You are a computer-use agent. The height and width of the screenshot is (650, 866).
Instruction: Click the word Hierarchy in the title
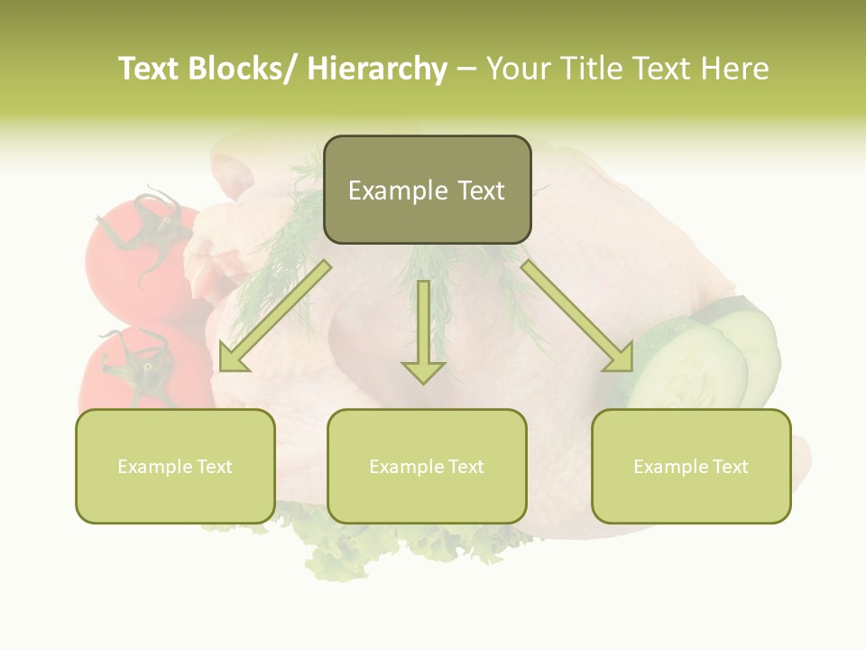click(376, 70)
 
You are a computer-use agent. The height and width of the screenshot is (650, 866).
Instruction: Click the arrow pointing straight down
click(423, 334)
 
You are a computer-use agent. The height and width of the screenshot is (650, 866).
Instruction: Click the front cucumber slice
click(690, 370)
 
